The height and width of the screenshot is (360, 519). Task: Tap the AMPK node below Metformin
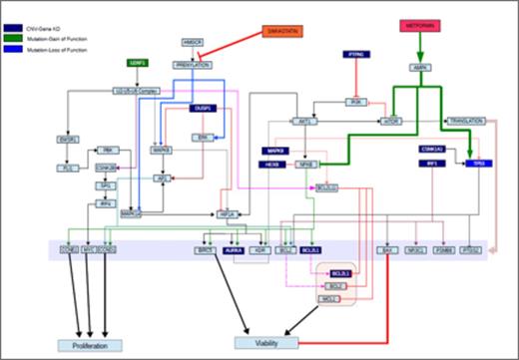coord(420,68)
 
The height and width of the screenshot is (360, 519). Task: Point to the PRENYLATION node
coord(195,64)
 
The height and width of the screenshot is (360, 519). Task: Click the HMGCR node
coord(193,42)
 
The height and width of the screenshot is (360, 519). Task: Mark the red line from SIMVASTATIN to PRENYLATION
coord(244,48)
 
